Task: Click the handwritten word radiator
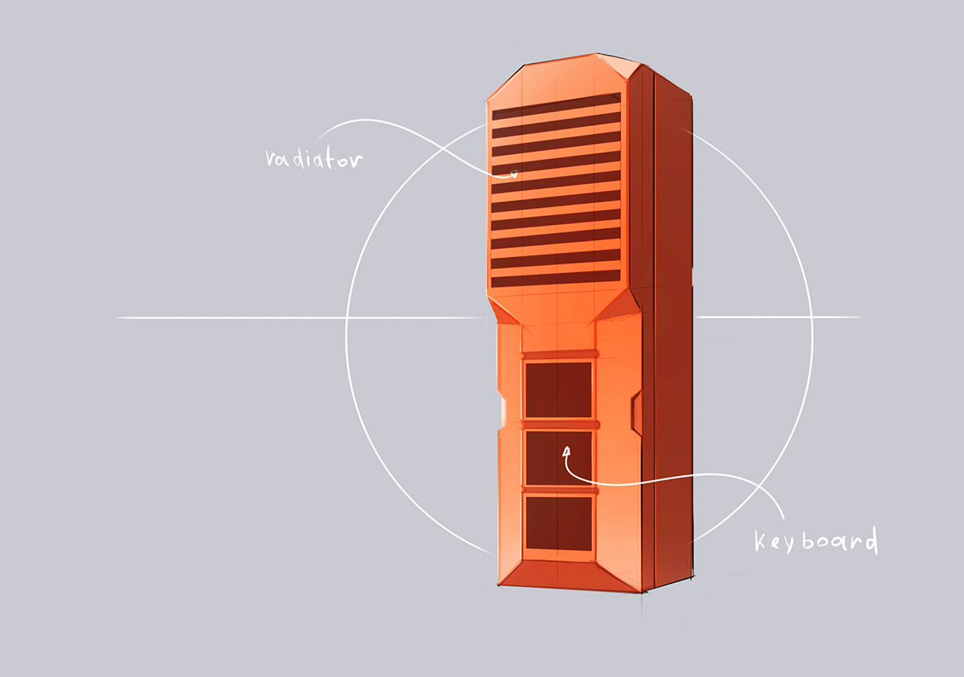pos(314,159)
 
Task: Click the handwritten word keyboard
pos(816,540)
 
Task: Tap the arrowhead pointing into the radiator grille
pos(513,173)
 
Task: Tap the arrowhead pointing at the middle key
pos(566,451)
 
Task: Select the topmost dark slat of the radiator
pos(557,107)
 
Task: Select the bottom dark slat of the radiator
pos(556,279)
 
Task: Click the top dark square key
pos(558,389)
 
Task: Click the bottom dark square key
pos(558,523)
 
